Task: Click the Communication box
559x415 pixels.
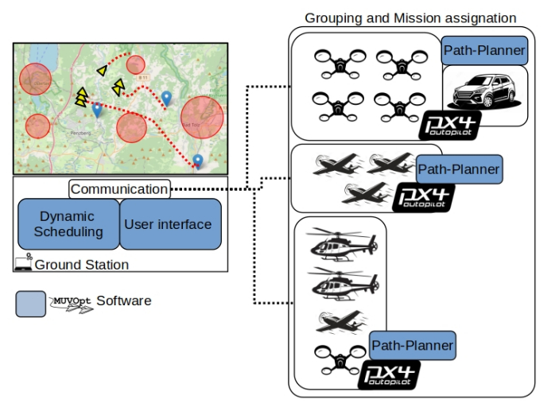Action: tap(119, 189)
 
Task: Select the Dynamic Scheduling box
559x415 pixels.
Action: tap(67, 224)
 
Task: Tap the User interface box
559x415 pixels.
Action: tap(168, 224)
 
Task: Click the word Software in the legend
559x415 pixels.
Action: tap(123, 301)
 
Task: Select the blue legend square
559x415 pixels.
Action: tap(30, 304)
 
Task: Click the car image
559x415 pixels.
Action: tap(483, 95)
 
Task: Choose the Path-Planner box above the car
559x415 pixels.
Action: tap(483, 51)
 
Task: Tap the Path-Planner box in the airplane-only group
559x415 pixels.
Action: tap(459, 169)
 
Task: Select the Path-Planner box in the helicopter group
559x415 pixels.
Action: tap(413, 346)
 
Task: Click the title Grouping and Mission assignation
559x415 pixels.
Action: tap(410, 17)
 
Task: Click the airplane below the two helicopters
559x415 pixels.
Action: tap(340, 320)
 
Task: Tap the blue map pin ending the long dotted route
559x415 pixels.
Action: tap(197, 161)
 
